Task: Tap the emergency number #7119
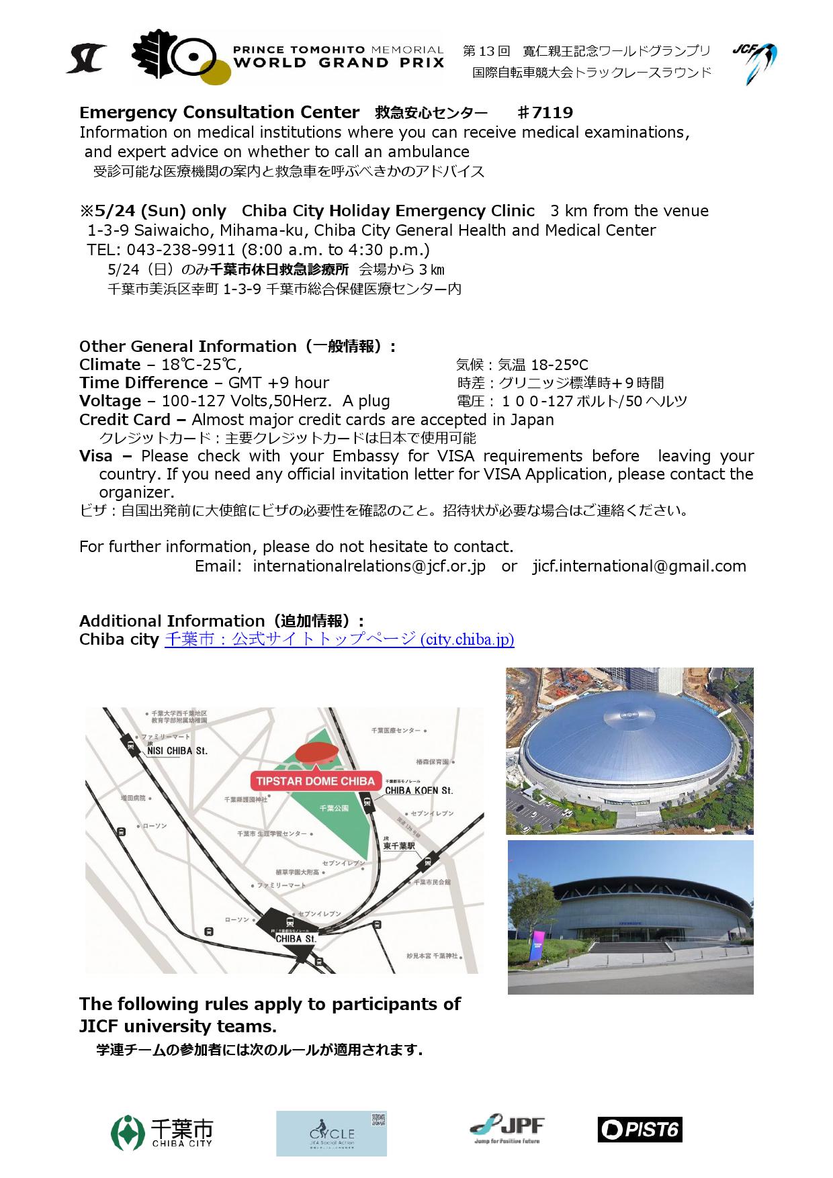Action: click(x=545, y=112)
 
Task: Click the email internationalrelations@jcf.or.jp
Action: click(x=369, y=566)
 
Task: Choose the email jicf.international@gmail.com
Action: click(x=639, y=566)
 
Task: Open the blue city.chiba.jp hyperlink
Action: click(x=339, y=639)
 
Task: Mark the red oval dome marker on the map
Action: click(x=316, y=753)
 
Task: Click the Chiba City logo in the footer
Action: click(x=162, y=1133)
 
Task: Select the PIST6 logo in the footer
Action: click(x=640, y=1130)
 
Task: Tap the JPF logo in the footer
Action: click(x=507, y=1130)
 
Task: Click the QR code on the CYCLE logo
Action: click(x=379, y=1120)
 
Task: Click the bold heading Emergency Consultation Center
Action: click(x=219, y=112)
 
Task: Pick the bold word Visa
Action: click(x=96, y=456)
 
